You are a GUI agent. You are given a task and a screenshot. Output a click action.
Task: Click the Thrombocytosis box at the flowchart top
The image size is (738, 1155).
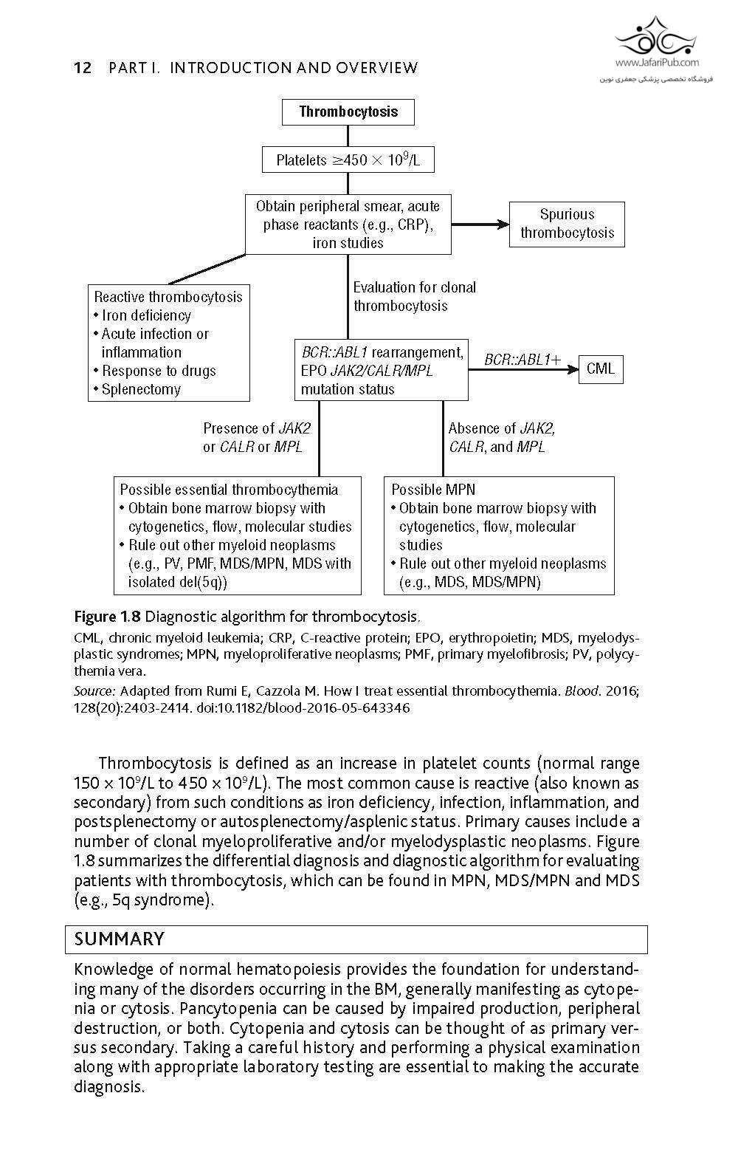click(x=348, y=112)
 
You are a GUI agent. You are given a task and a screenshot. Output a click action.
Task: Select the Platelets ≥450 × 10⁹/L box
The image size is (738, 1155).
click(x=348, y=160)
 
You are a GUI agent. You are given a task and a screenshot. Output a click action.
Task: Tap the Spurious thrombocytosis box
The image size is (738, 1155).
click(x=567, y=224)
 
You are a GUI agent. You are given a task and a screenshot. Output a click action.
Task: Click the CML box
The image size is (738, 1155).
click(x=601, y=369)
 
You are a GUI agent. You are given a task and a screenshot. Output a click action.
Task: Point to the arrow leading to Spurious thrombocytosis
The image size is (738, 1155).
click(x=480, y=224)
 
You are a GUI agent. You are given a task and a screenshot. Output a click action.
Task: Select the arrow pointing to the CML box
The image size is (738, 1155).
click(x=524, y=369)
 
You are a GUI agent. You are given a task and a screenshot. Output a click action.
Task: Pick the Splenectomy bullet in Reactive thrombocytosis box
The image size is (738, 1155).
click(x=140, y=389)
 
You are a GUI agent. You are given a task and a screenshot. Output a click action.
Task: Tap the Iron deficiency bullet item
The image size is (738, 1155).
click(x=145, y=315)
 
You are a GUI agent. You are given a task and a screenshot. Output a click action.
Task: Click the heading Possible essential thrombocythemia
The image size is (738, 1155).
click(x=229, y=490)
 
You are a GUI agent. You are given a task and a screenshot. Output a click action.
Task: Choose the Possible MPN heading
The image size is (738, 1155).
click(x=433, y=490)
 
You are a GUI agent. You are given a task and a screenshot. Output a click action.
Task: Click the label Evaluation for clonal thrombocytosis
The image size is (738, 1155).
click(x=414, y=296)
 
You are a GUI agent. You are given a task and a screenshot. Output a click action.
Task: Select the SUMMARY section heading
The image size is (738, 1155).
click(x=120, y=939)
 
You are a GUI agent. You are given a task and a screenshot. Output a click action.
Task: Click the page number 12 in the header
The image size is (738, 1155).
click(x=83, y=69)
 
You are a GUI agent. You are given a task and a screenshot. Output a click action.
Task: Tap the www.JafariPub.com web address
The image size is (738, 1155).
click(x=656, y=63)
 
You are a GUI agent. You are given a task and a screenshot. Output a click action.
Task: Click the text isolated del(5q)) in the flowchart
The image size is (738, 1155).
click(x=178, y=582)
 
